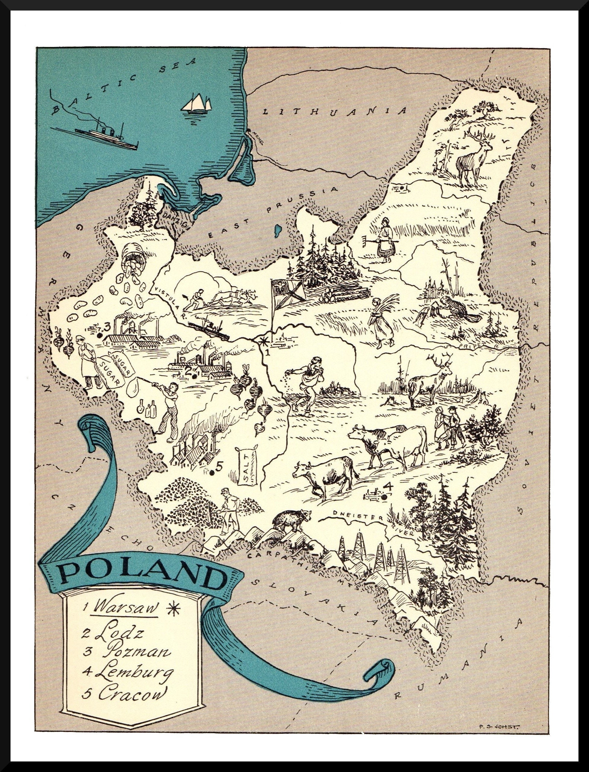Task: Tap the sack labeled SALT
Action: point(247,458)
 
